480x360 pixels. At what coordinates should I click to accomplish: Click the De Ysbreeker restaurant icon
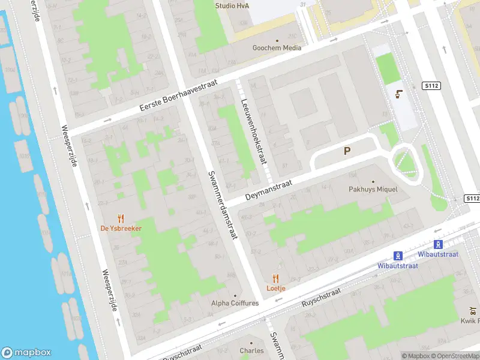[121, 218]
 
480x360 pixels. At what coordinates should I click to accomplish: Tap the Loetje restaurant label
[276, 288]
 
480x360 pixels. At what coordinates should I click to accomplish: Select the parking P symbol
[347, 151]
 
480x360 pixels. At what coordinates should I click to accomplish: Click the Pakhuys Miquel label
[373, 189]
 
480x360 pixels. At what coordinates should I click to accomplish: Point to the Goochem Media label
[276, 47]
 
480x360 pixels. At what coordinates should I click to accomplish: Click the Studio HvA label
[232, 6]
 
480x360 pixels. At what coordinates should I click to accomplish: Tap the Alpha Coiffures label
[235, 304]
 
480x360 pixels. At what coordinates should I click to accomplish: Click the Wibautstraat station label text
[418, 254]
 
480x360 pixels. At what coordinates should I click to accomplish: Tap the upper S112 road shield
[431, 86]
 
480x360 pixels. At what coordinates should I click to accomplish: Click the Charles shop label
[251, 350]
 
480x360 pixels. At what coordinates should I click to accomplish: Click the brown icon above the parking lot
[398, 94]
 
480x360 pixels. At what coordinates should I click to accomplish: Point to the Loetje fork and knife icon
[276, 278]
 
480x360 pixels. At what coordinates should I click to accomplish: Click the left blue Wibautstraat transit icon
[398, 255]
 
